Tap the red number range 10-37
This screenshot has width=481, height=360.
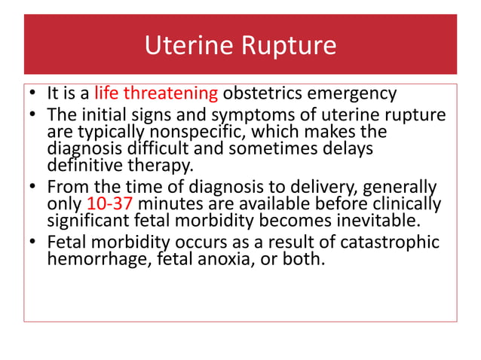(x=109, y=204)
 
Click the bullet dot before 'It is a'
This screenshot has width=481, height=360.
(x=33, y=95)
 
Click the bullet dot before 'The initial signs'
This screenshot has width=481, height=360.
(x=33, y=116)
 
